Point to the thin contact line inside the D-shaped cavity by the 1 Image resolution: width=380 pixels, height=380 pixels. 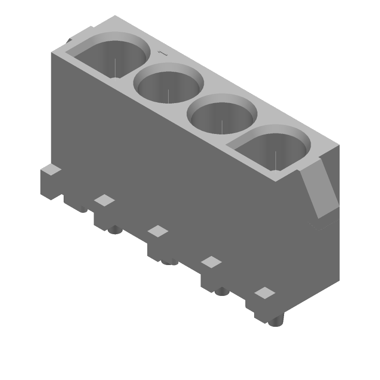(115, 66)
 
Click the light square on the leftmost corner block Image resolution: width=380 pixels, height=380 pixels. (51, 170)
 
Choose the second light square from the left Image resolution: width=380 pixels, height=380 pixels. (104, 200)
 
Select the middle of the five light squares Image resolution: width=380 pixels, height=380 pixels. (158, 231)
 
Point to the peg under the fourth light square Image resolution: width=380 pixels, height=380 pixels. (221, 291)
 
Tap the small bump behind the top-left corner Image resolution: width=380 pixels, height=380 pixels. (70, 41)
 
